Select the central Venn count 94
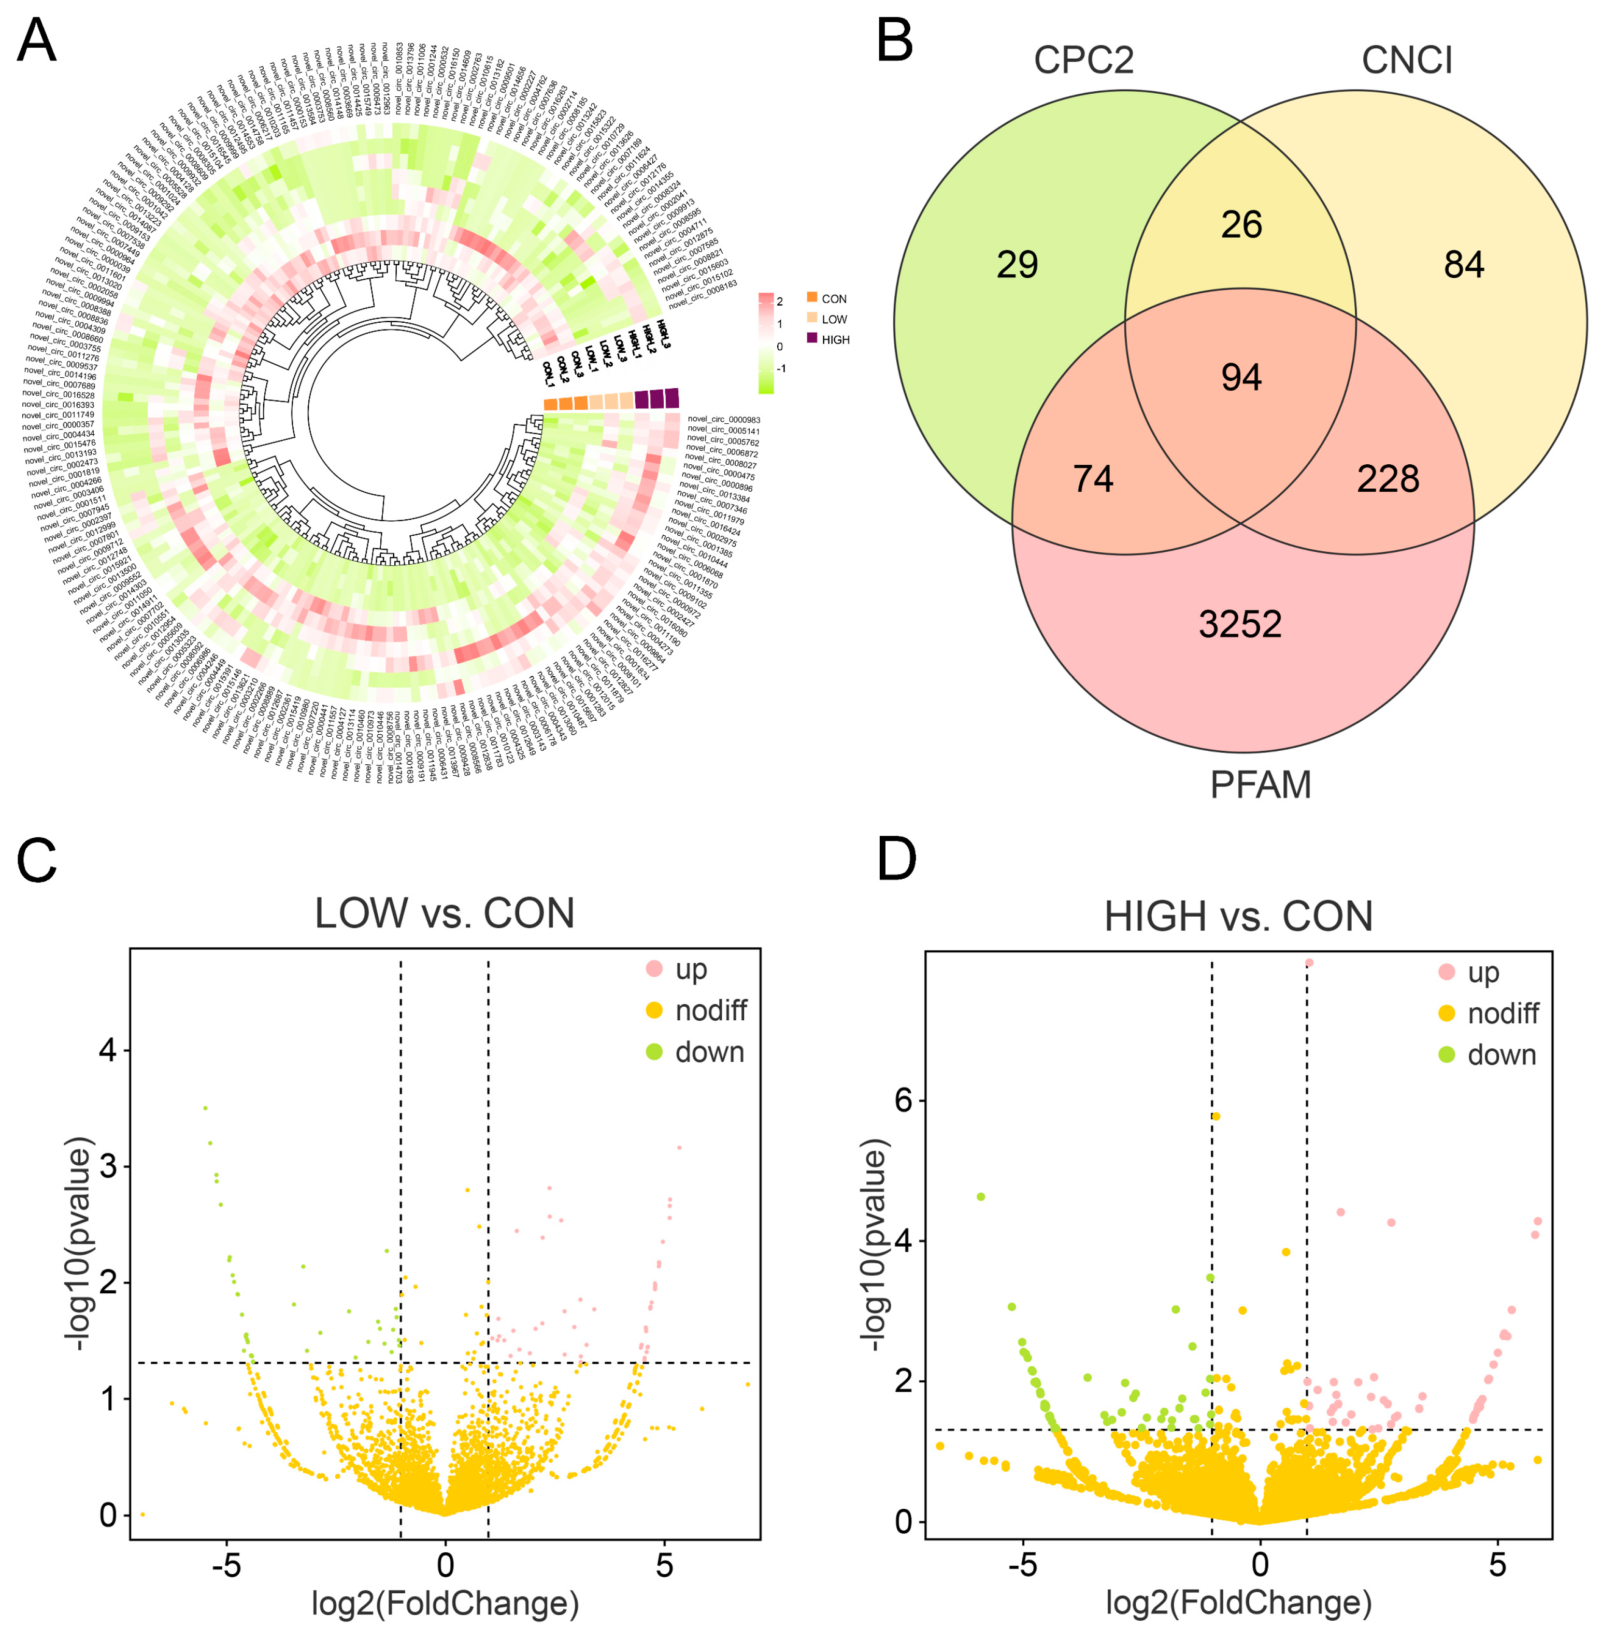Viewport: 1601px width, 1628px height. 1241,378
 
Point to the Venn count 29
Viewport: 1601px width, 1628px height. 1018,265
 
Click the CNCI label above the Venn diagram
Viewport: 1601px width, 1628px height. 1407,60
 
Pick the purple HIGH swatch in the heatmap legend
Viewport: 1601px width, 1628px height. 812,338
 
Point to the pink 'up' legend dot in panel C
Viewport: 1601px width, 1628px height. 654,969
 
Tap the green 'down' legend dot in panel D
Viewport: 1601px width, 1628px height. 1446,1054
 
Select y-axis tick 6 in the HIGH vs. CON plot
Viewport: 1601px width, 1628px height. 903,1100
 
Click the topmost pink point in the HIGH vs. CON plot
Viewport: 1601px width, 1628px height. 1308,963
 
